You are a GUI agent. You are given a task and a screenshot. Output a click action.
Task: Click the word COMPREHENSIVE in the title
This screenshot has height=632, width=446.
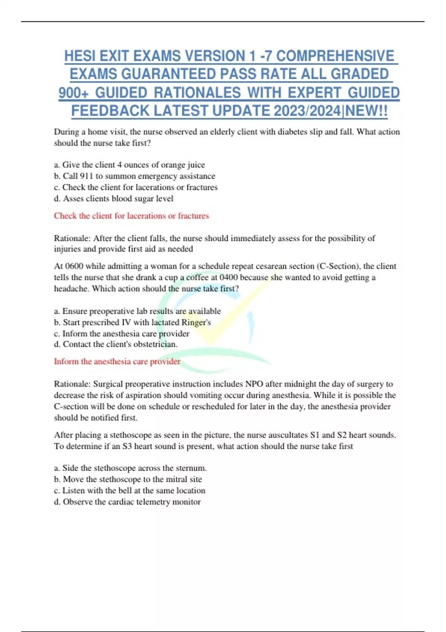click(x=335, y=56)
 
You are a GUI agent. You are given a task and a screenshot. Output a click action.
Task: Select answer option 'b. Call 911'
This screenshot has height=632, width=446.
click(x=134, y=176)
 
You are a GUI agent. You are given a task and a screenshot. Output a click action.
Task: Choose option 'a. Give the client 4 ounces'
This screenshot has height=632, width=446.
click(x=129, y=165)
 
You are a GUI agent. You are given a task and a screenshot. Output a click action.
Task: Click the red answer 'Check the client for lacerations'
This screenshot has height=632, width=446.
click(x=131, y=216)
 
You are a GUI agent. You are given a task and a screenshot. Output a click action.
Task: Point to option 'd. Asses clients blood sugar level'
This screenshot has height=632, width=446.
click(x=113, y=199)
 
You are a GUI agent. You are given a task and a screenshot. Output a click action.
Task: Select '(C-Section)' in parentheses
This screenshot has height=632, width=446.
click(x=338, y=266)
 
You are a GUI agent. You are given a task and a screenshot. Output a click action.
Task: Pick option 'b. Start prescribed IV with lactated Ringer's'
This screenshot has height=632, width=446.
click(x=132, y=322)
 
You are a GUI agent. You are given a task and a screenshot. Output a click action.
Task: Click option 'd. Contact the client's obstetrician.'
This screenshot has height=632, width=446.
click(x=116, y=344)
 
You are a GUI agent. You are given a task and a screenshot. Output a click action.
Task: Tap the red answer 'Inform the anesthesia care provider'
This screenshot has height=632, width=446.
click(x=117, y=361)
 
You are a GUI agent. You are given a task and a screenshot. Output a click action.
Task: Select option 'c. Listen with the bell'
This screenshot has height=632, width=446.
click(x=129, y=491)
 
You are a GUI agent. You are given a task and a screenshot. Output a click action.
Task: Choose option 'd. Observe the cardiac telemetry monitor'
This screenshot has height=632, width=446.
click(x=127, y=502)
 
